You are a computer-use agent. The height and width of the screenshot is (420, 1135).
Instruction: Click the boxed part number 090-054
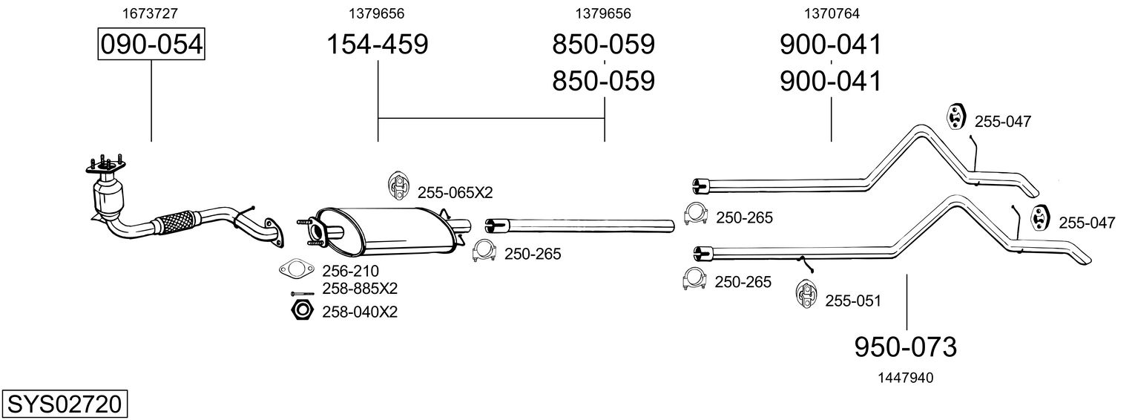tap(151, 45)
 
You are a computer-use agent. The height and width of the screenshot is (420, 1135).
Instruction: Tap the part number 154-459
tap(378, 45)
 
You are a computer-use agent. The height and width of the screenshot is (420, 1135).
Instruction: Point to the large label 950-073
tap(906, 347)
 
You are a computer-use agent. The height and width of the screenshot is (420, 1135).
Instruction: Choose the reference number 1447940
tap(905, 378)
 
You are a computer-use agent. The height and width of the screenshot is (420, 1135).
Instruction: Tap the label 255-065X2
tap(455, 193)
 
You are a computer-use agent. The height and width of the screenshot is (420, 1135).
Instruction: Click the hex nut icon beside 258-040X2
tap(301, 310)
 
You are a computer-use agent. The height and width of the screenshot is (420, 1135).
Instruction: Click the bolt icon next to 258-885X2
tap(303, 292)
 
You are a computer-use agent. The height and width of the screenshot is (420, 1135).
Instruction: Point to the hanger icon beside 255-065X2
tap(398, 186)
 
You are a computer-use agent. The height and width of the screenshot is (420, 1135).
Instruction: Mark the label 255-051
tap(854, 301)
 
